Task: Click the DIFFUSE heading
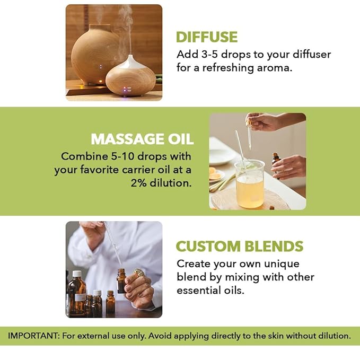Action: click(207, 37)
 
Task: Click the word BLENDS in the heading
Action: click(276, 247)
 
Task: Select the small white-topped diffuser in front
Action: click(130, 77)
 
